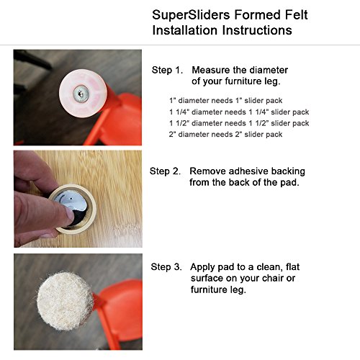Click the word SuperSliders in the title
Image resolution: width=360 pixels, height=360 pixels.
pos(191,16)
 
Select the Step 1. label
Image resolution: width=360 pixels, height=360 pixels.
pos(167,70)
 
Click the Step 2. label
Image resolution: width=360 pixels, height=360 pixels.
pos(165,171)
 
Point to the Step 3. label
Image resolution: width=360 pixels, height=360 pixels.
pos(166,267)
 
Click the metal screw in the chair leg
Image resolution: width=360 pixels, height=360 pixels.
pos(81,93)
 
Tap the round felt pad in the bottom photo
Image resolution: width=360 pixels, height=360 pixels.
pos(65,301)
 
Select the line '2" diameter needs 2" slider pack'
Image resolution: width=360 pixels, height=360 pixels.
pos(225,135)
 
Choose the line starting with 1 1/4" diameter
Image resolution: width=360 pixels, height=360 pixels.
pos(239,112)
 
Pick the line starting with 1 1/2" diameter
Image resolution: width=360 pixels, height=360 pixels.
pos(239,123)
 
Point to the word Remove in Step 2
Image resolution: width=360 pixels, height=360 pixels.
pos(208,171)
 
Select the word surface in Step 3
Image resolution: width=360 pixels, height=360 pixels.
pos(207,279)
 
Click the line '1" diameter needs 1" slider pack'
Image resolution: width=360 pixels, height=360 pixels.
pos(226,101)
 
